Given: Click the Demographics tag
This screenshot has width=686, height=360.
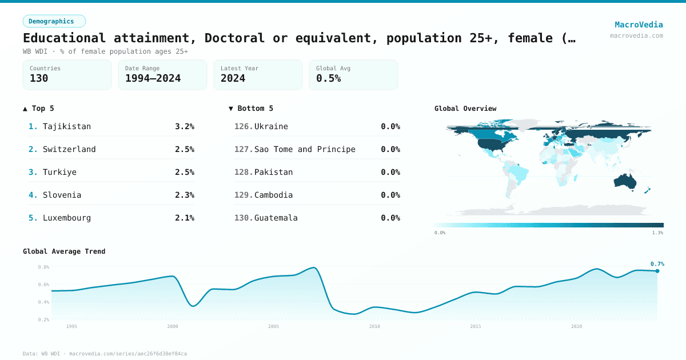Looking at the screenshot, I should tap(54, 21).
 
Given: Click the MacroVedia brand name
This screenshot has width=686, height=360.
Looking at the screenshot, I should tap(639, 25).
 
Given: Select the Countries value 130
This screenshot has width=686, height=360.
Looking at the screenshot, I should tap(39, 78).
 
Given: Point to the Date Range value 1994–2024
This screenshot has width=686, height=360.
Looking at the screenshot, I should tap(153, 78).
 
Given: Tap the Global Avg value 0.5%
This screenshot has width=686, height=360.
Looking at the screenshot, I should tap(328, 78).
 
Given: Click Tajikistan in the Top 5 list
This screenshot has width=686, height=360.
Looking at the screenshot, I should tap(67, 126).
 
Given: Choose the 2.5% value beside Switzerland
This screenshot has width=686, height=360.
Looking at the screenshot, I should tap(184, 149).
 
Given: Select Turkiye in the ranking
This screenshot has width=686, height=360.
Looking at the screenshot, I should tap(59, 172).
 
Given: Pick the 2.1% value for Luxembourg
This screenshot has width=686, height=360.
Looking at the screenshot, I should tap(184, 218).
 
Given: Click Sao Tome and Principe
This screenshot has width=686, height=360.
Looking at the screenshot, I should tap(305, 149).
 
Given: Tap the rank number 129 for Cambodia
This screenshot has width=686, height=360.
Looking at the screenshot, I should tap(244, 195).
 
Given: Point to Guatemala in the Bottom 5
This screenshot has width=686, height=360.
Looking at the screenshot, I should tap(276, 218).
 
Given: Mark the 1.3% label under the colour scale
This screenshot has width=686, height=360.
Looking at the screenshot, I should tap(657, 233).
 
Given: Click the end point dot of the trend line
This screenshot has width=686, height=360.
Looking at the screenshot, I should tap(657, 271).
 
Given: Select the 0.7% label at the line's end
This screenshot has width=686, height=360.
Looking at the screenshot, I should tap(657, 264).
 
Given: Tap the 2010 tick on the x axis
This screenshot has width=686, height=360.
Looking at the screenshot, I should tap(374, 326).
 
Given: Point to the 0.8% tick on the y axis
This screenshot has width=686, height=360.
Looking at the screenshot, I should tap(43, 267).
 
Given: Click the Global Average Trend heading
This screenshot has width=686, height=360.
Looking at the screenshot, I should tap(64, 251).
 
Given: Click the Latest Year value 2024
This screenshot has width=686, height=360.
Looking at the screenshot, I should tap(233, 78).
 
